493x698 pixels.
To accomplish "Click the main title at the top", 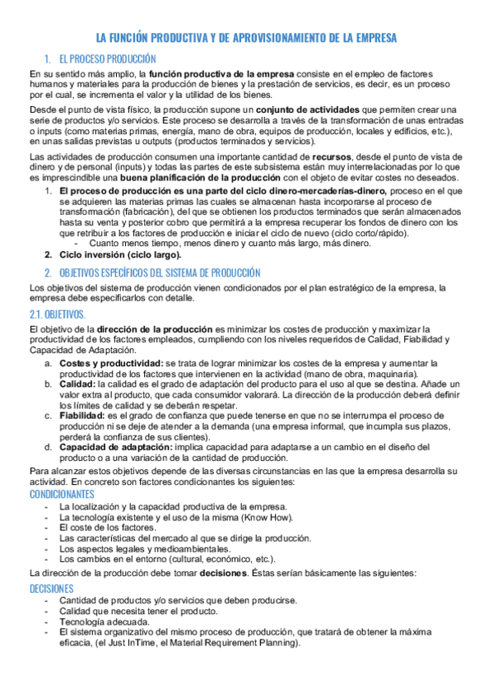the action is click(246, 38).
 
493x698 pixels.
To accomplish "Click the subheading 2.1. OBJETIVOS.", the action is click(57, 315).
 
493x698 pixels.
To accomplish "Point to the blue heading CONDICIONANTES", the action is click(62, 494).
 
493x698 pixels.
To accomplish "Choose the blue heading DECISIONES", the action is click(51, 589).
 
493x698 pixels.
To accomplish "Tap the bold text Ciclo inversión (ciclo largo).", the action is click(120, 254).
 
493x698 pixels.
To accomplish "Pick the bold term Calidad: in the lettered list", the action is click(77, 384).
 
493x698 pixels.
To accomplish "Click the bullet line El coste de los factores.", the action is click(107, 527).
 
